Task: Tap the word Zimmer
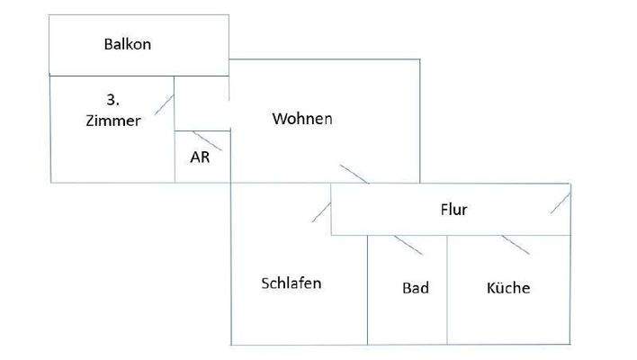point(114,121)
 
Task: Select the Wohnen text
point(302,119)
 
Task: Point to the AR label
point(200,156)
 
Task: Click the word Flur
point(453,211)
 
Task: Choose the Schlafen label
point(292,283)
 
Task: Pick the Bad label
point(415,289)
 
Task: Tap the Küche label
point(508,289)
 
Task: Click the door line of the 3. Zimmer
point(164,103)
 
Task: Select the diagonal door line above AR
point(207,140)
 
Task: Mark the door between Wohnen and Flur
point(354,175)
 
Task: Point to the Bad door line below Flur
point(408,245)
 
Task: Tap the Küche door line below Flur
point(516,245)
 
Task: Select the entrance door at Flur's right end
point(561,202)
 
